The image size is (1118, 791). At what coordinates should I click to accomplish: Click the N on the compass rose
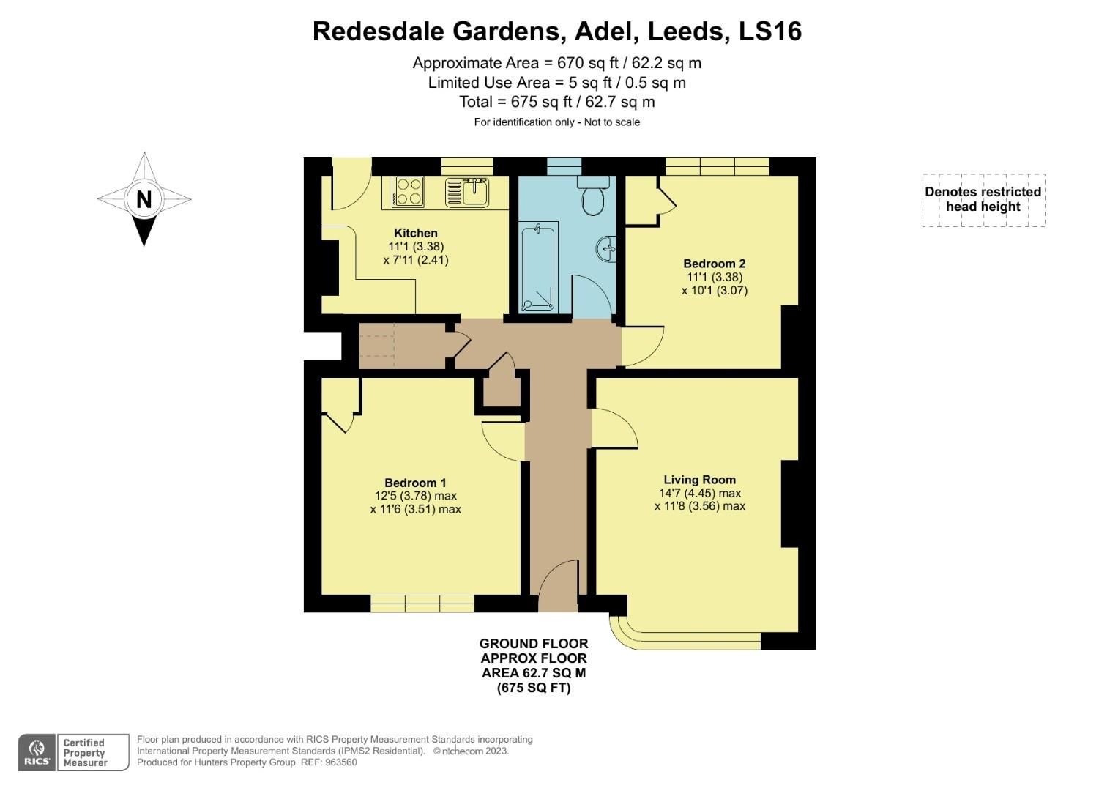coord(144,199)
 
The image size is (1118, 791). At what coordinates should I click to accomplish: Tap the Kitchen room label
coord(415,233)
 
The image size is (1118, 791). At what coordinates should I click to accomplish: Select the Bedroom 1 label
coord(415,483)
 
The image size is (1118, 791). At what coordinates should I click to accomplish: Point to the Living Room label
coord(699,480)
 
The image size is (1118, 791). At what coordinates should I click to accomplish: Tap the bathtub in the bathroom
coord(538,267)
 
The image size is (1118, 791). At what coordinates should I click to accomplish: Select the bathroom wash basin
coord(608,248)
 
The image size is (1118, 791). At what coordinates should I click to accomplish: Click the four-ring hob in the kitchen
coord(409,191)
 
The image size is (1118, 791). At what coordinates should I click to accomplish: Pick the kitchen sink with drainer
coord(467,192)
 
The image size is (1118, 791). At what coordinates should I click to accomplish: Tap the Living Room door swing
coord(614,428)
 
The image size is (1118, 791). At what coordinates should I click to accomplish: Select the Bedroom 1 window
coord(422,604)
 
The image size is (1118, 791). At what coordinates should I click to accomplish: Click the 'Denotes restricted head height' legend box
coord(983,199)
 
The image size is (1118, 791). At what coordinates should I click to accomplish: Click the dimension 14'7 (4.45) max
coord(699,493)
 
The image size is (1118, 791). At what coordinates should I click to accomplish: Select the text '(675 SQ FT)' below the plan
coord(533,688)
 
